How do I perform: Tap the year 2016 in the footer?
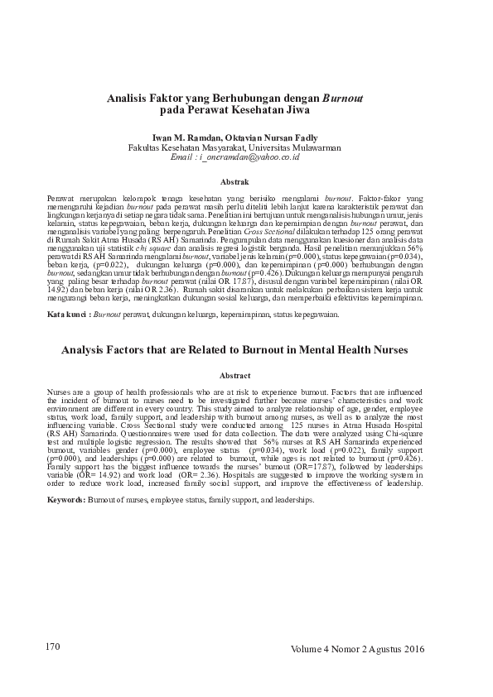[x=413, y=649]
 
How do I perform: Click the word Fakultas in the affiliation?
[x=146, y=147]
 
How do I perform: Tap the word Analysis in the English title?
[x=91, y=351]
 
